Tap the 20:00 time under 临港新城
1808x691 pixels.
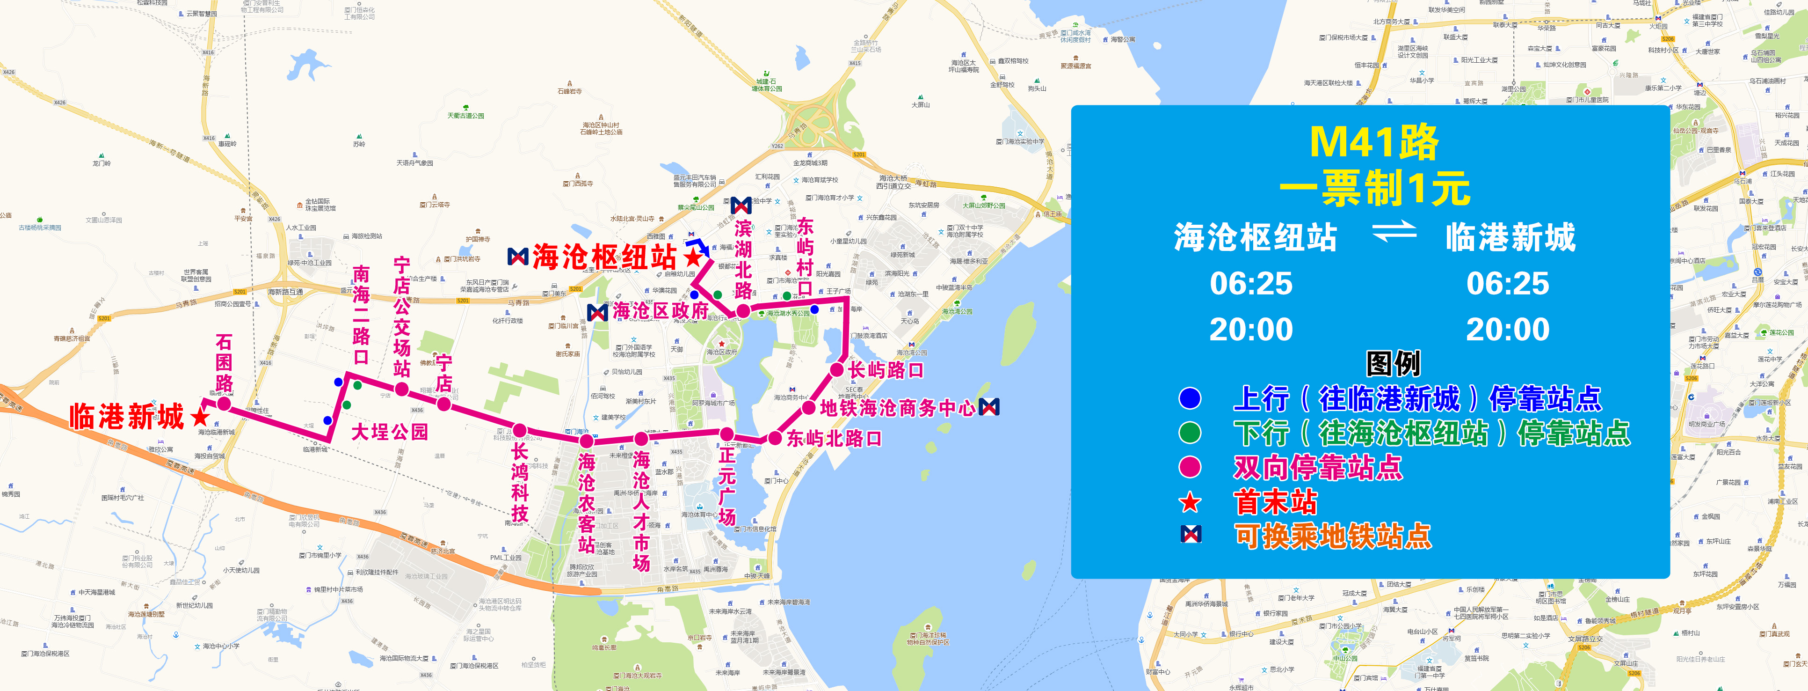(1508, 330)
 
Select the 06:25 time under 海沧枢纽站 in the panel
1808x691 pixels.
(1251, 284)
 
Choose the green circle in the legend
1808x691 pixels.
(1190, 433)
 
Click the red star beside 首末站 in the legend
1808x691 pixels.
(1190, 502)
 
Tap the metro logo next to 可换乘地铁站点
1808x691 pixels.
(1191, 535)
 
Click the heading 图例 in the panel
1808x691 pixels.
(1393, 364)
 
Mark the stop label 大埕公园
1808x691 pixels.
(390, 431)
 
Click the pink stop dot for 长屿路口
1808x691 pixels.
(836, 369)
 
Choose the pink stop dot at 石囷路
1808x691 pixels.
(224, 404)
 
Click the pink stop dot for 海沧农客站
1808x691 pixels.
(586, 441)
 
